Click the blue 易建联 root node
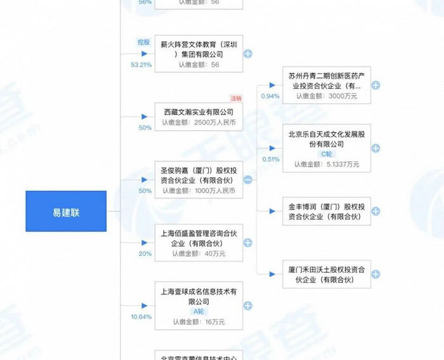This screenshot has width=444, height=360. [66, 211]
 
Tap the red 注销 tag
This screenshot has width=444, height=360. [236, 98]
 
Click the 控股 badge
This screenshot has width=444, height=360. [144, 43]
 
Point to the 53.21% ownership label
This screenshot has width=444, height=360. [141, 65]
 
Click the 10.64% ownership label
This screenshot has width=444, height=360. [141, 316]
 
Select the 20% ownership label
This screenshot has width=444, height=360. [145, 253]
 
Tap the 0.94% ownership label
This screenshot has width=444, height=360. [270, 96]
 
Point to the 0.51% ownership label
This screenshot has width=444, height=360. [270, 159]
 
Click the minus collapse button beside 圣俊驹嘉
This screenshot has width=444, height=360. [248, 180]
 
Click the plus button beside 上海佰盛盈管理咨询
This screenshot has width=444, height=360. [248, 243]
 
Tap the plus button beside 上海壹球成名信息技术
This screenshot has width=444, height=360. [248, 305]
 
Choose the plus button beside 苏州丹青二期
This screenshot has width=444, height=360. [375, 85]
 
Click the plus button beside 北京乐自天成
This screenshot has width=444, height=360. [375, 148]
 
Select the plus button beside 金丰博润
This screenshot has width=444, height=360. [375, 211]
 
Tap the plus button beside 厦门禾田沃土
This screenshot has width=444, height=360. [375, 274]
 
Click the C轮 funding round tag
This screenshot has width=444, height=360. [327, 154]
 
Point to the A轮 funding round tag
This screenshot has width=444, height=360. [199, 311]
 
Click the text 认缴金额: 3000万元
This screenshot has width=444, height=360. [327, 97]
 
